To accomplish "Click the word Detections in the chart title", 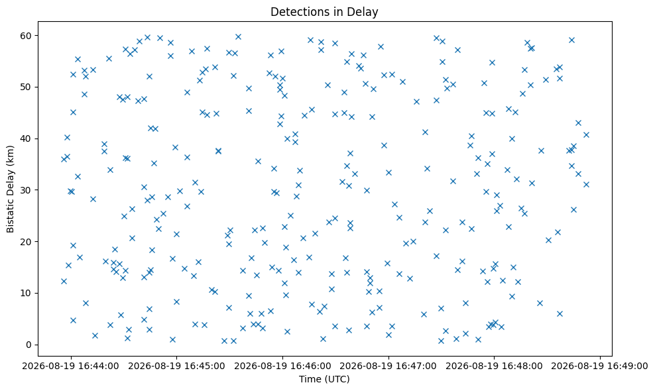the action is (x=295, y=12).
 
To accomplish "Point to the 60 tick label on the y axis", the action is (x=27, y=36).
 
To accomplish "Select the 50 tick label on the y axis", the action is (x=27, y=87).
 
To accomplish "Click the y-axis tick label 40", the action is (x=27, y=139).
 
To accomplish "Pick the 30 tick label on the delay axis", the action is (x=27, y=190).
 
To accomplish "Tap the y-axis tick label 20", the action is (x=27, y=242).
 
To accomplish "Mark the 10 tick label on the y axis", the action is (x=27, y=293).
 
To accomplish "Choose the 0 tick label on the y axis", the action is (x=29, y=345).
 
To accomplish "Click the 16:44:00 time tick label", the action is (x=70, y=366).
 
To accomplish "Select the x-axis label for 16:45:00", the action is (x=176, y=366).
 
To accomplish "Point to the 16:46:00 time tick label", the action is (x=282, y=366).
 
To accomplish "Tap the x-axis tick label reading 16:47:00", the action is (x=388, y=366).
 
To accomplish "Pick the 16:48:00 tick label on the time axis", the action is (x=494, y=366).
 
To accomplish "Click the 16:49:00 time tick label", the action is (x=600, y=366).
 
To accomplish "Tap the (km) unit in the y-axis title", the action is (x=10, y=154).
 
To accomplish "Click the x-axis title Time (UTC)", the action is (x=324, y=379).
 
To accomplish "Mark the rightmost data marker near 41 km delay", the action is (x=586, y=135).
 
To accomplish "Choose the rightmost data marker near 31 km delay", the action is (x=586, y=185).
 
